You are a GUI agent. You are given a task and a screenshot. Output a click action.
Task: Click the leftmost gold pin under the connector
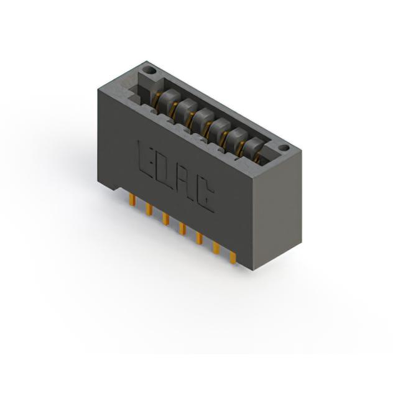coord(132,200)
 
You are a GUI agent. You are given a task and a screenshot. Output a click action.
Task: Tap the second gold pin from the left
coord(149,210)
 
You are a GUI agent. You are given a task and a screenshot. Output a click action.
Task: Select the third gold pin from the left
coord(166,219)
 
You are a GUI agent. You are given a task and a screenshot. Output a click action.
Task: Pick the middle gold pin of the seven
coord(182,229)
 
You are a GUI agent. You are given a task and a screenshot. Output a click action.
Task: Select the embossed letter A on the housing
coord(185,182)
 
